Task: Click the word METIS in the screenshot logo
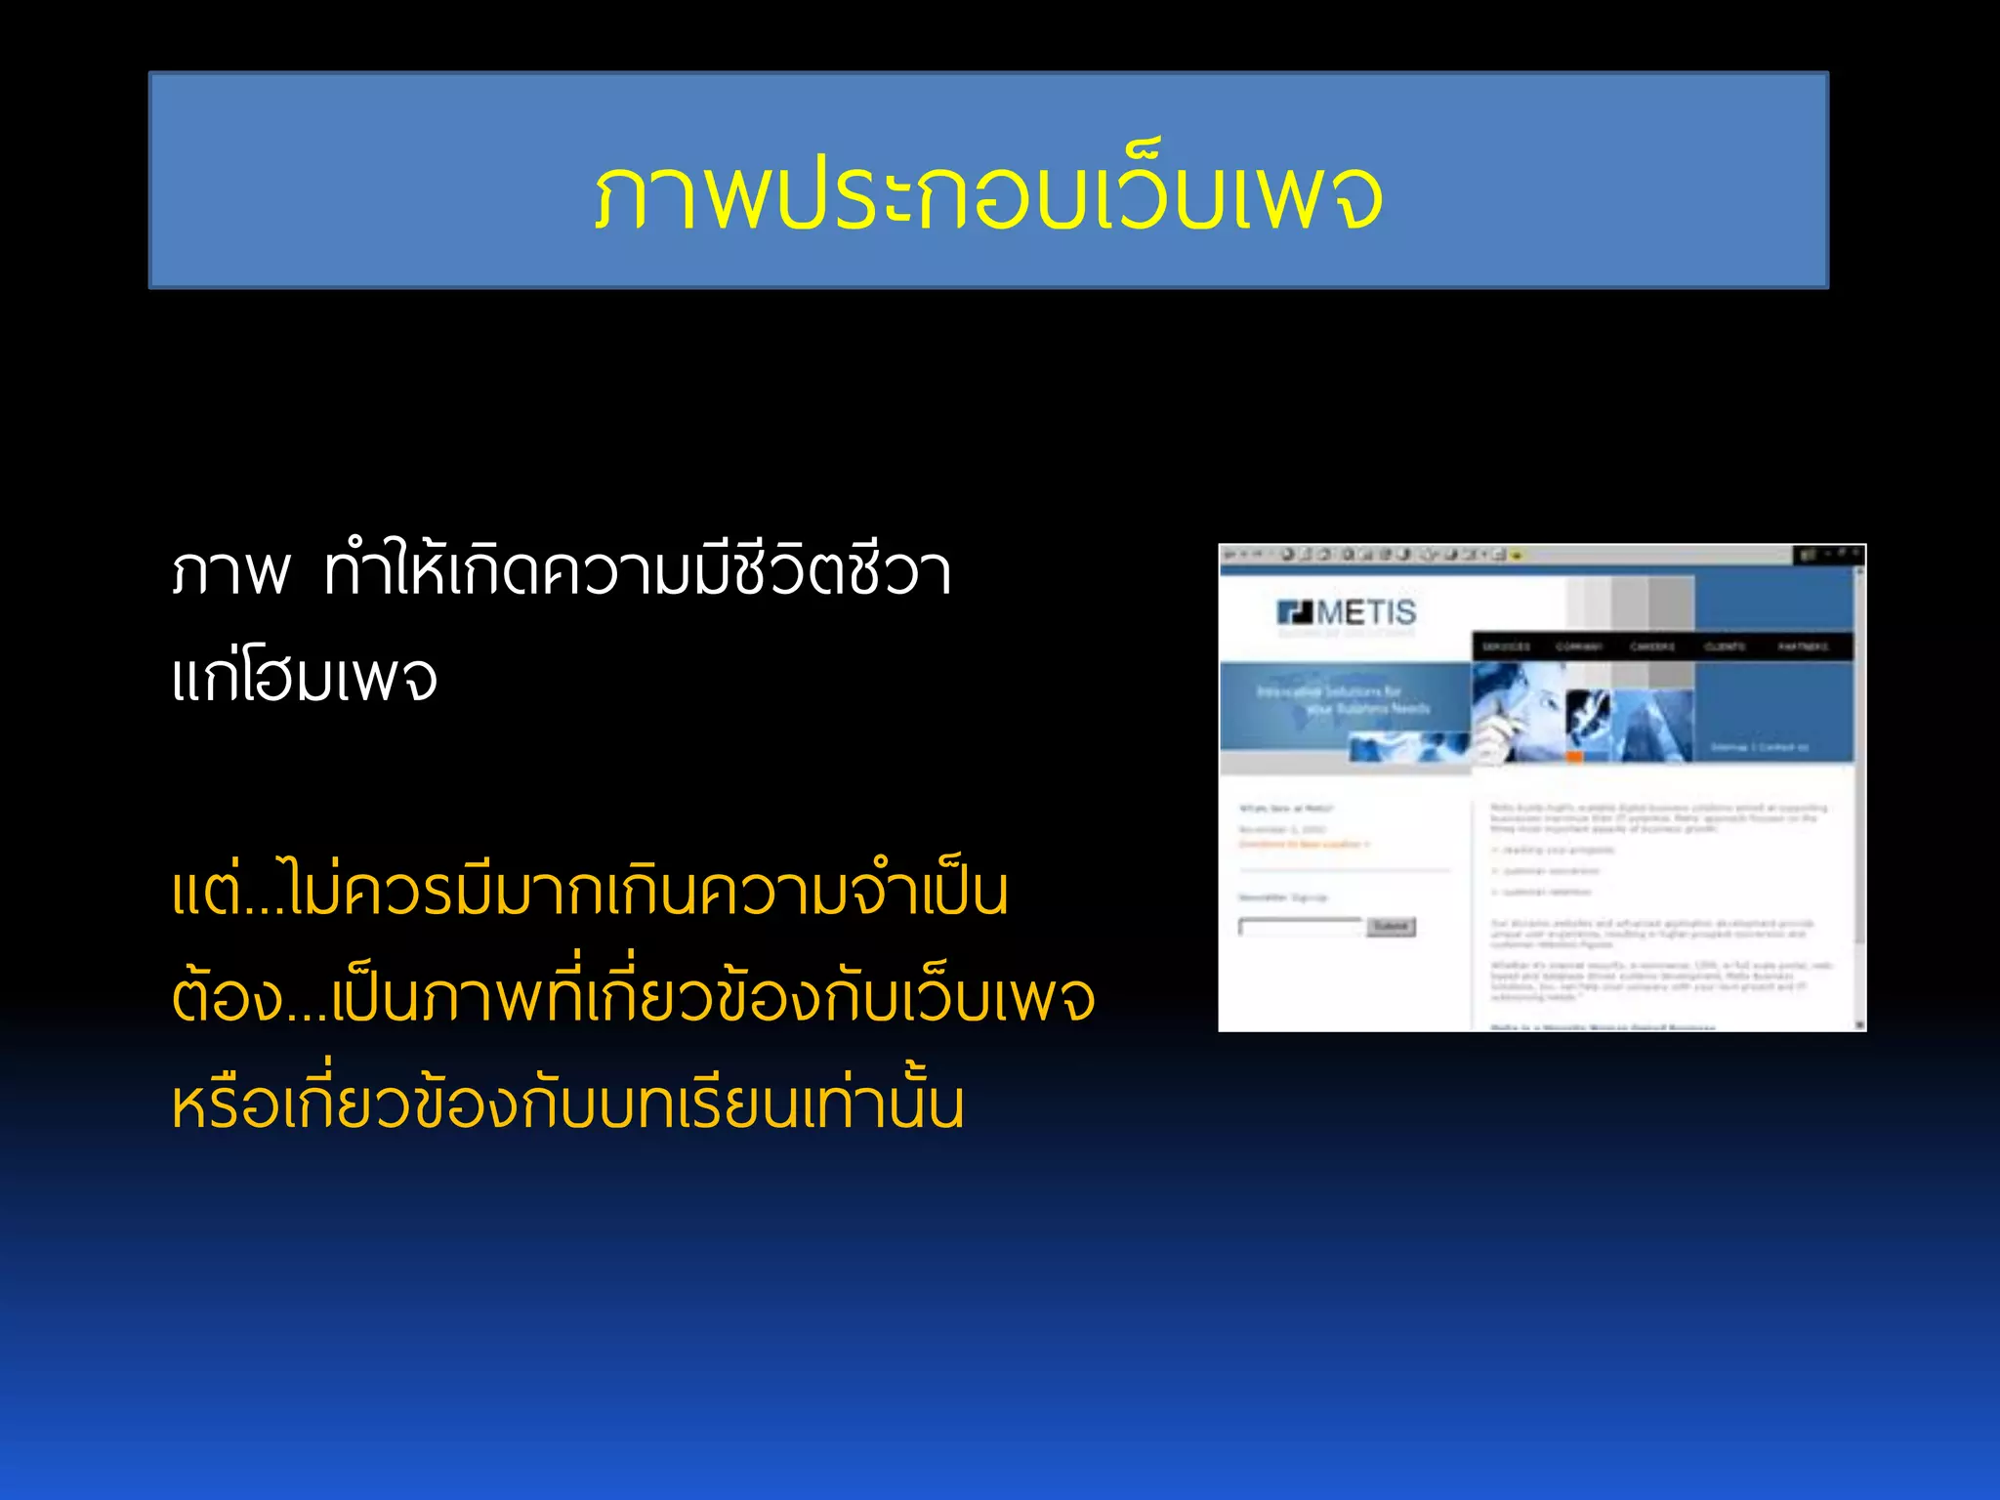1365,613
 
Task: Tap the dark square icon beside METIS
1295,612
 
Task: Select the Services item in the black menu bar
1506,646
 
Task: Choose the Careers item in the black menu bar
1652,646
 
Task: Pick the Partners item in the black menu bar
1803,646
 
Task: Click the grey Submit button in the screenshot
1391,926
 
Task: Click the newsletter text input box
1301,927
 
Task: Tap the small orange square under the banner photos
1574,757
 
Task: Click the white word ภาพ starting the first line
230,572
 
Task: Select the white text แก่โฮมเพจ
305,678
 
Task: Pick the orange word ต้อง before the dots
227,998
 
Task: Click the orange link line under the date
1304,844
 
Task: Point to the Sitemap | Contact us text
1759,747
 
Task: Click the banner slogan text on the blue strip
1343,699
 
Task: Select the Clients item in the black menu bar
1725,646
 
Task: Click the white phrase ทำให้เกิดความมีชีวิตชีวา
638,572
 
